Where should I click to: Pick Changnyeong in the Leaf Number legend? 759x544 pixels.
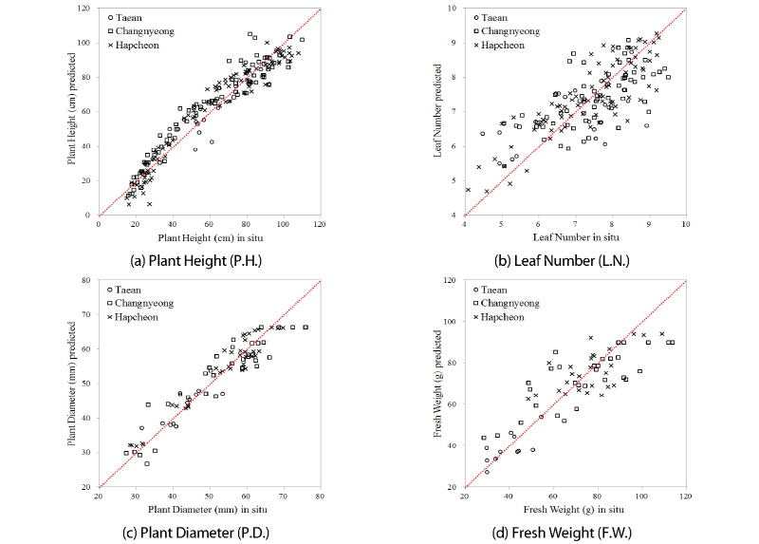tap(513, 30)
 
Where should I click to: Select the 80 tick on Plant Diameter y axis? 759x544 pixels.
tap(86, 281)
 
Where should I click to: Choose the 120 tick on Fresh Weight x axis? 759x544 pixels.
tap(685, 496)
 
